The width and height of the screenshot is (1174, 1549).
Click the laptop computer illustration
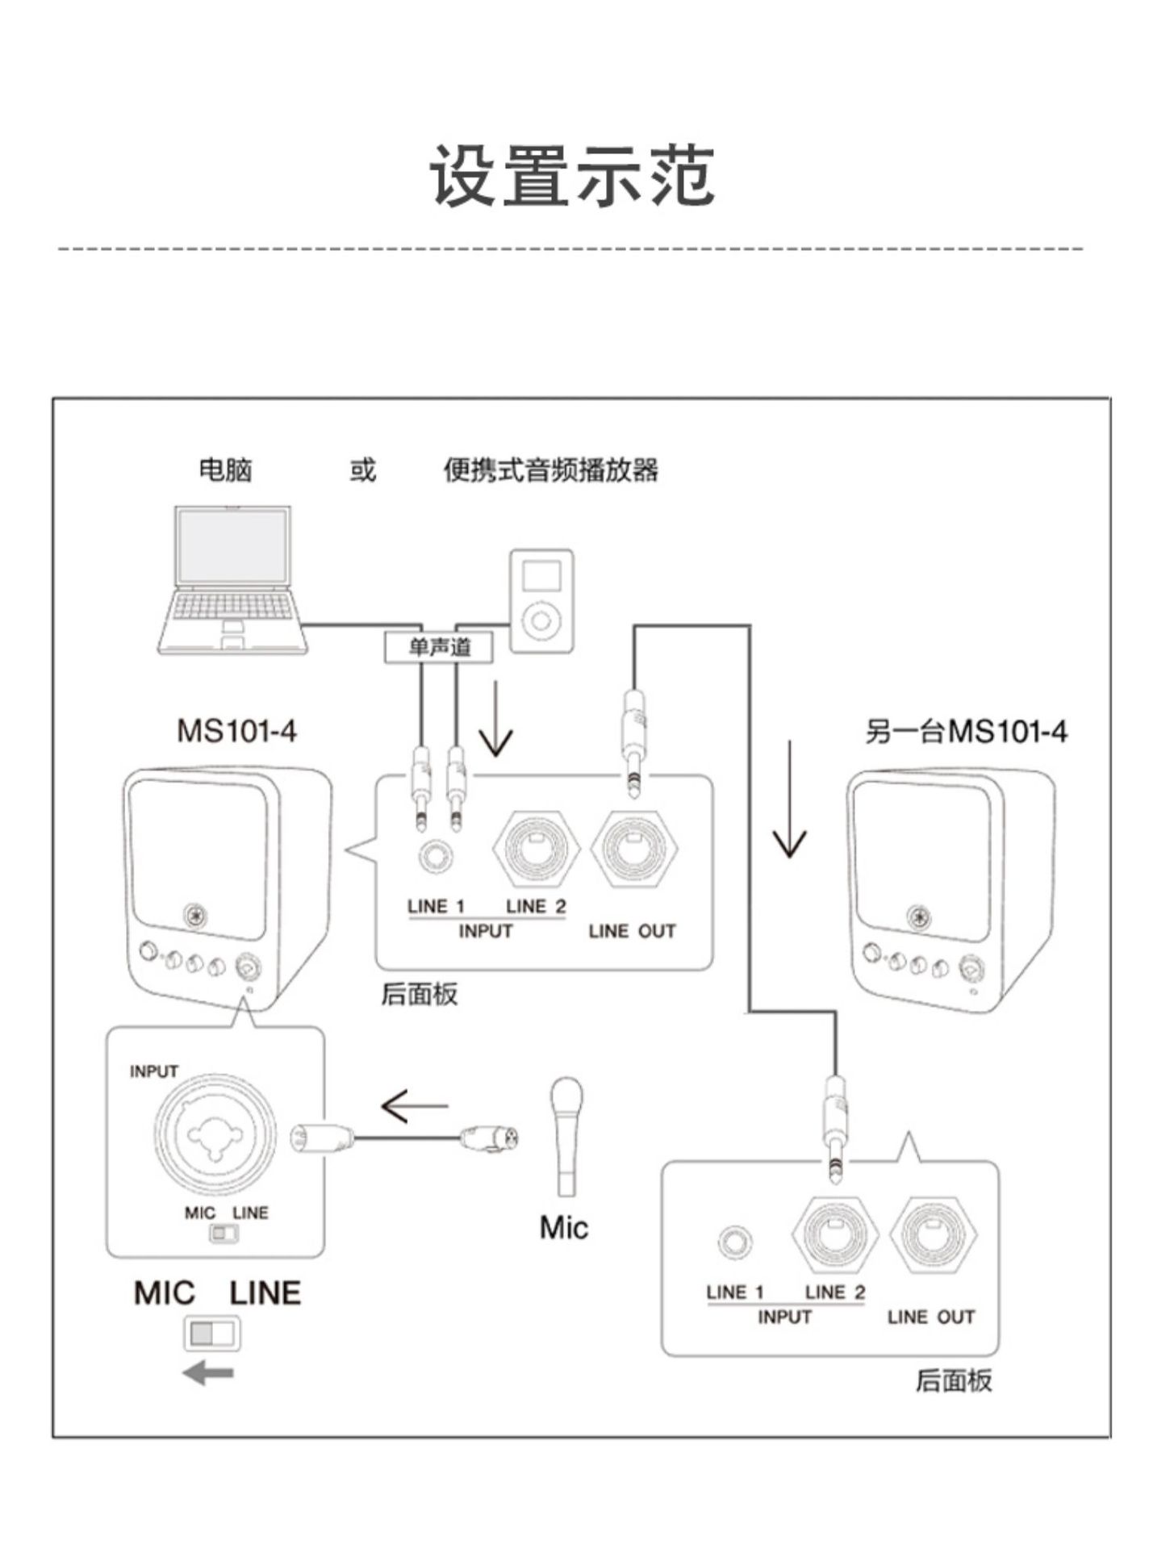coord(232,579)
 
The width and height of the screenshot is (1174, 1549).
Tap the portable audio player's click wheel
coord(541,620)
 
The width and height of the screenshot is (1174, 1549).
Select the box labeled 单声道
coord(439,647)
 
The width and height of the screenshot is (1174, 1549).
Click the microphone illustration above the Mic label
coord(566,1136)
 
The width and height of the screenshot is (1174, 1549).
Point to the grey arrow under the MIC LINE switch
coord(208,1372)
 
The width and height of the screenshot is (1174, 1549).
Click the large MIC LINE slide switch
coord(212,1334)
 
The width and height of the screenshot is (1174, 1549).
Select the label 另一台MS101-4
coord(965,732)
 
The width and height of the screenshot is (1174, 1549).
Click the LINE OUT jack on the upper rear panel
coord(633,849)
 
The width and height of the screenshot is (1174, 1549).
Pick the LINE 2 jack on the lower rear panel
coord(835,1234)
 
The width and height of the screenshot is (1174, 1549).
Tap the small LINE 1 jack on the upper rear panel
coord(436,856)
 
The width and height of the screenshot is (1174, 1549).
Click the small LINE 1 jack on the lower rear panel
coord(734,1242)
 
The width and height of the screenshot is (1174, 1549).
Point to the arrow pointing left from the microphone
coord(414,1106)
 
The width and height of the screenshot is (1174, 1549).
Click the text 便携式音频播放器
coord(550,470)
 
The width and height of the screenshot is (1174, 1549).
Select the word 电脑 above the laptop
coord(226,470)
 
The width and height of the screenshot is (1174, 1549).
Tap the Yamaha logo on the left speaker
coord(194,916)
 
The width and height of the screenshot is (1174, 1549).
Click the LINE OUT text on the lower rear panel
coord(931,1317)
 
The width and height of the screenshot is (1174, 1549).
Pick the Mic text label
coord(563,1228)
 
